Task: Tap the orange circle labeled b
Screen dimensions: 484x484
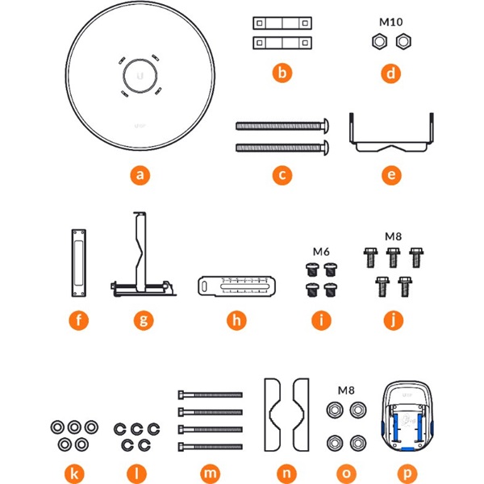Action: [281, 74]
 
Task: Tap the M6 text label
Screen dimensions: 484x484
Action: [321, 251]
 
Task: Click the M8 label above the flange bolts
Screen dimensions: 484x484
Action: [393, 236]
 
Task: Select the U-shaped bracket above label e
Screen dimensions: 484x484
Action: [392, 132]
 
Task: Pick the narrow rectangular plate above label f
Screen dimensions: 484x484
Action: [77, 259]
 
